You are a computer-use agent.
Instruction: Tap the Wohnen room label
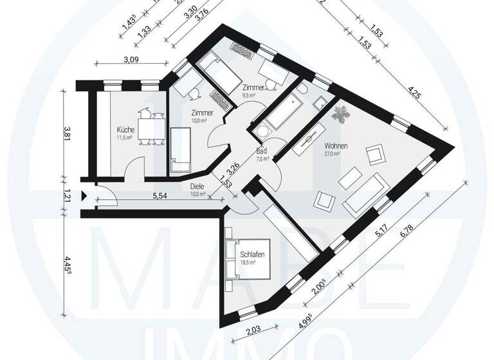click(x=336, y=146)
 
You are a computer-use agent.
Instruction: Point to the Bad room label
click(x=262, y=152)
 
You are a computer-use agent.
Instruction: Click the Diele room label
click(x=197, y=187)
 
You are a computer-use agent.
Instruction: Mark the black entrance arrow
click(x=84, y=197)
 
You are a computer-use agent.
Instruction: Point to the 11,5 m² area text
click(x=124, y=137)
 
